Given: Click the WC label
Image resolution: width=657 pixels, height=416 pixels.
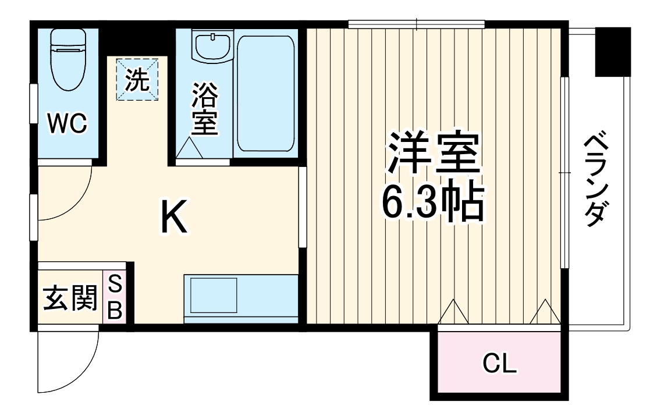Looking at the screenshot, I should coord(67,123).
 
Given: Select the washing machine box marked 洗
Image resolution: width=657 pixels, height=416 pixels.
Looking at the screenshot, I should coord(137,79).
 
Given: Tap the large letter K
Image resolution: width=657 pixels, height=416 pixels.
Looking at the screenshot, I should coord(173,216).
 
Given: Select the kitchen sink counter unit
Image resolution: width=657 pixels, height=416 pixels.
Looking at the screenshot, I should coord(240,296).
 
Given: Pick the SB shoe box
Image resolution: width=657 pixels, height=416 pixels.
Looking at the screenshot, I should coord(115,298).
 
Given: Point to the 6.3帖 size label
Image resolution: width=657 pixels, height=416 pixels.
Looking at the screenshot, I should coord(433,201).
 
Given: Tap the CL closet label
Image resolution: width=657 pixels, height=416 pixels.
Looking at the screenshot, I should coord(499,365).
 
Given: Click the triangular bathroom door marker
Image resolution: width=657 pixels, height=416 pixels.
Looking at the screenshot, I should coord(190,148).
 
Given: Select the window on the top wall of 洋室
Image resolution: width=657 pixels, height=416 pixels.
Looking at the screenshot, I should coord(416,24).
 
